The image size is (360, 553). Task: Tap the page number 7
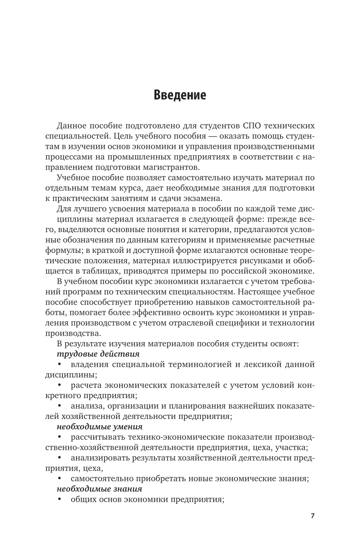(x=312, y=515)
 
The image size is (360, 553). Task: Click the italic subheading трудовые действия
(x=98, y=354)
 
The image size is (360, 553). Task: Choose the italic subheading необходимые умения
(x=100, y=427)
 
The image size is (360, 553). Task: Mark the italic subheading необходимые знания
(x=99, y=489)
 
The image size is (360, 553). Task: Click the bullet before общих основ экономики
(x=60, y=499)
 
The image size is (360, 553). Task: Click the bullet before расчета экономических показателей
(x=60, y=385)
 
